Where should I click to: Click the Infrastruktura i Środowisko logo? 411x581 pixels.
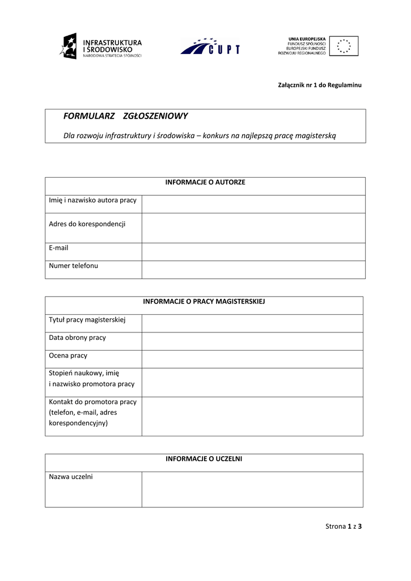[101, 47]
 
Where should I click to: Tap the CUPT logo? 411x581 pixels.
[210, 47]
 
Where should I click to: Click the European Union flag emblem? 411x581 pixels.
[344, 45]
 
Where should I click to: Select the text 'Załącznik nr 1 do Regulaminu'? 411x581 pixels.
[319, 85]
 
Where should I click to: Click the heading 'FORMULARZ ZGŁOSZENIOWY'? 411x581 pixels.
[125, 116]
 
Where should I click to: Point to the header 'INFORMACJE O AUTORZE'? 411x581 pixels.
[205, 182]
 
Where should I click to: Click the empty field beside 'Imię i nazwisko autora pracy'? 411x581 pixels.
[253, 204]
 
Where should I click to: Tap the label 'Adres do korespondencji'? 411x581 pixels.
[87, 224]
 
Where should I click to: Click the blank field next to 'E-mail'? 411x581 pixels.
[253, 251]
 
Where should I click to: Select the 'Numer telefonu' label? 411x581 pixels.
[74, 266]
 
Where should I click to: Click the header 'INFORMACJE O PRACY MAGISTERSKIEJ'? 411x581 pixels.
[204, 301]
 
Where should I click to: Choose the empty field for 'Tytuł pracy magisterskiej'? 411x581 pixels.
[252, 323]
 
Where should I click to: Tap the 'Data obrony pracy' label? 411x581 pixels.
[78, 338]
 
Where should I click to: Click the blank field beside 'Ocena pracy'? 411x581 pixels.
[252, 359]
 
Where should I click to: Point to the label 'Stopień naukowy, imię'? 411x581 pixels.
[84, 373]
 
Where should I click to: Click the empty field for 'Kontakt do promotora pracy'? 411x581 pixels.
[252, 416]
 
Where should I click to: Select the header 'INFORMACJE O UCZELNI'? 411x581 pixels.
[204, 458]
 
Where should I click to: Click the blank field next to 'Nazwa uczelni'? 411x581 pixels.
[252, 489]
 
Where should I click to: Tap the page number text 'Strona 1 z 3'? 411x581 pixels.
[344, 526]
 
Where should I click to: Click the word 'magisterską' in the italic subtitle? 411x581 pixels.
[315, 135]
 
